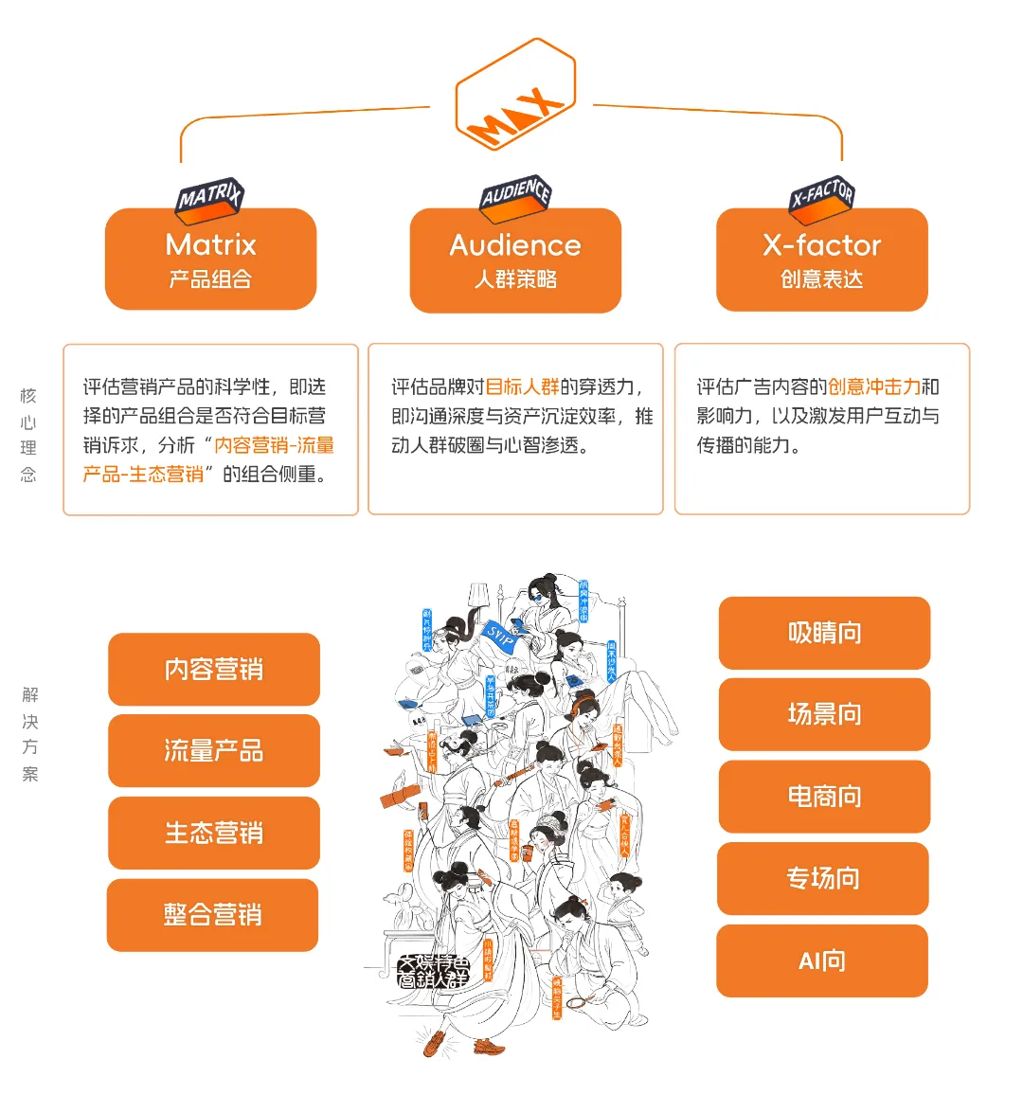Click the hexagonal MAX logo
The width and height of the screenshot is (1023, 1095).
(515, 95)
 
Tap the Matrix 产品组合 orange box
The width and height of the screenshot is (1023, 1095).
(210, 260)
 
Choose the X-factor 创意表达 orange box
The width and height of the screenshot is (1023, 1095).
(821, 260)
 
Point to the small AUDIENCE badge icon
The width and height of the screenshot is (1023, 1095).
(515, 195)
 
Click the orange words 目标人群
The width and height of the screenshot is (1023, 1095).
(522, 386)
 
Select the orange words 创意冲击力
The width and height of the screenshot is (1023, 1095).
(873, 386)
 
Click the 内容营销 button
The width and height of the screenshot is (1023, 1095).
(214, 670)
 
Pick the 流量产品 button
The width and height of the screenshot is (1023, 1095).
(214, 751)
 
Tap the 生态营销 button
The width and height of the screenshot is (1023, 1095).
(214, 834)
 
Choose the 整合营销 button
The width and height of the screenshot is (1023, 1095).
(212, 915)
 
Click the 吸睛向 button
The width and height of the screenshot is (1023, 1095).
(824, 633)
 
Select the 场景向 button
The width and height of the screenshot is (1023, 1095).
(824, 714)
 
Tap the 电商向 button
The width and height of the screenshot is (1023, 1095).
(824, 797)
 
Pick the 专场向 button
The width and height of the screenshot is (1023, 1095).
(822, 879)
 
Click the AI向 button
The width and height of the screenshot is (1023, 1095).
(821, 961)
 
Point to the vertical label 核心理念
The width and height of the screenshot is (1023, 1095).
(28, 435)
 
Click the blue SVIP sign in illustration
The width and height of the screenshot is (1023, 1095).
(499, 636)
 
